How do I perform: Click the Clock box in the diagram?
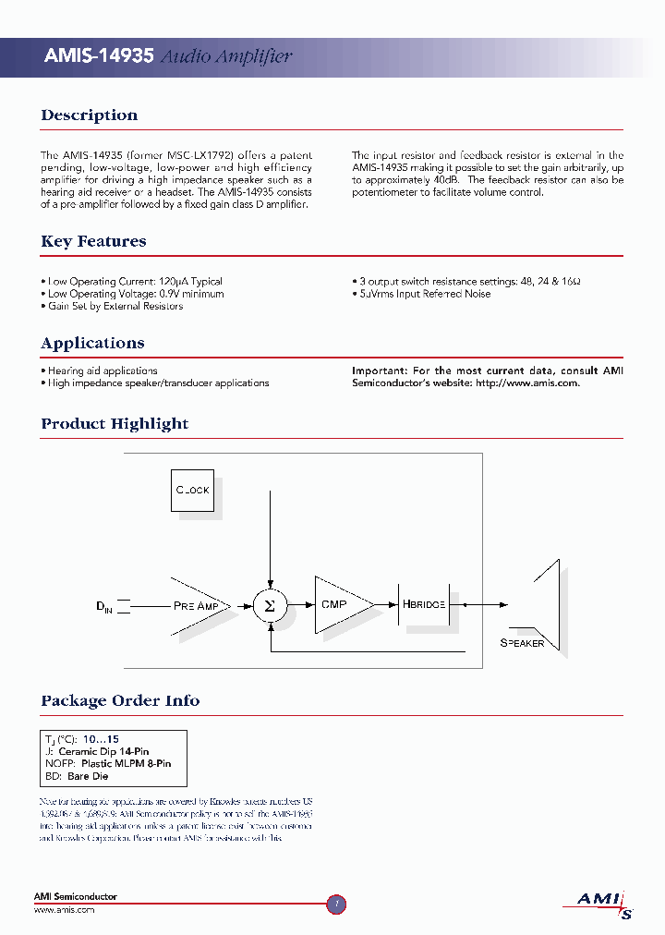(192, 490)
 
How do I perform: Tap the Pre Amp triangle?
(194, 605)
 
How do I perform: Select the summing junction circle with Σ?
(269, 605)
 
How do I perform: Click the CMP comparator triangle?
(338, 605)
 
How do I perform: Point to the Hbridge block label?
(424, 604)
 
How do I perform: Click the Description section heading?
(89, 115)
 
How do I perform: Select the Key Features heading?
(93, 241)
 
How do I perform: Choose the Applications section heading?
(92, 343)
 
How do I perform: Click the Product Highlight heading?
(115, 424)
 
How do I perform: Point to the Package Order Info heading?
(120, 700)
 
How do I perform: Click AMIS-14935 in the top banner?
(99, 56)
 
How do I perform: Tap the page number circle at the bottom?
(337, 905)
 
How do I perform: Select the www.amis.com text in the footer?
(65, 910)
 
